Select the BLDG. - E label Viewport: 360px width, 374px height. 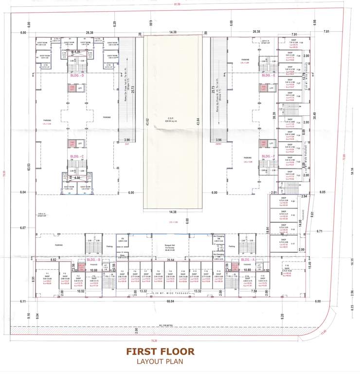point(269,76)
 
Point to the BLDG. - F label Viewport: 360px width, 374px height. point(269,156)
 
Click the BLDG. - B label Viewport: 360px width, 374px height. point(93,260)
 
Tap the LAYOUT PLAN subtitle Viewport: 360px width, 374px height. point(160,362)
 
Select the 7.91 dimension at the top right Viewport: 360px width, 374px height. point(294,35)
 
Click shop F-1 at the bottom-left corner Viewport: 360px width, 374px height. point(47,278)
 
